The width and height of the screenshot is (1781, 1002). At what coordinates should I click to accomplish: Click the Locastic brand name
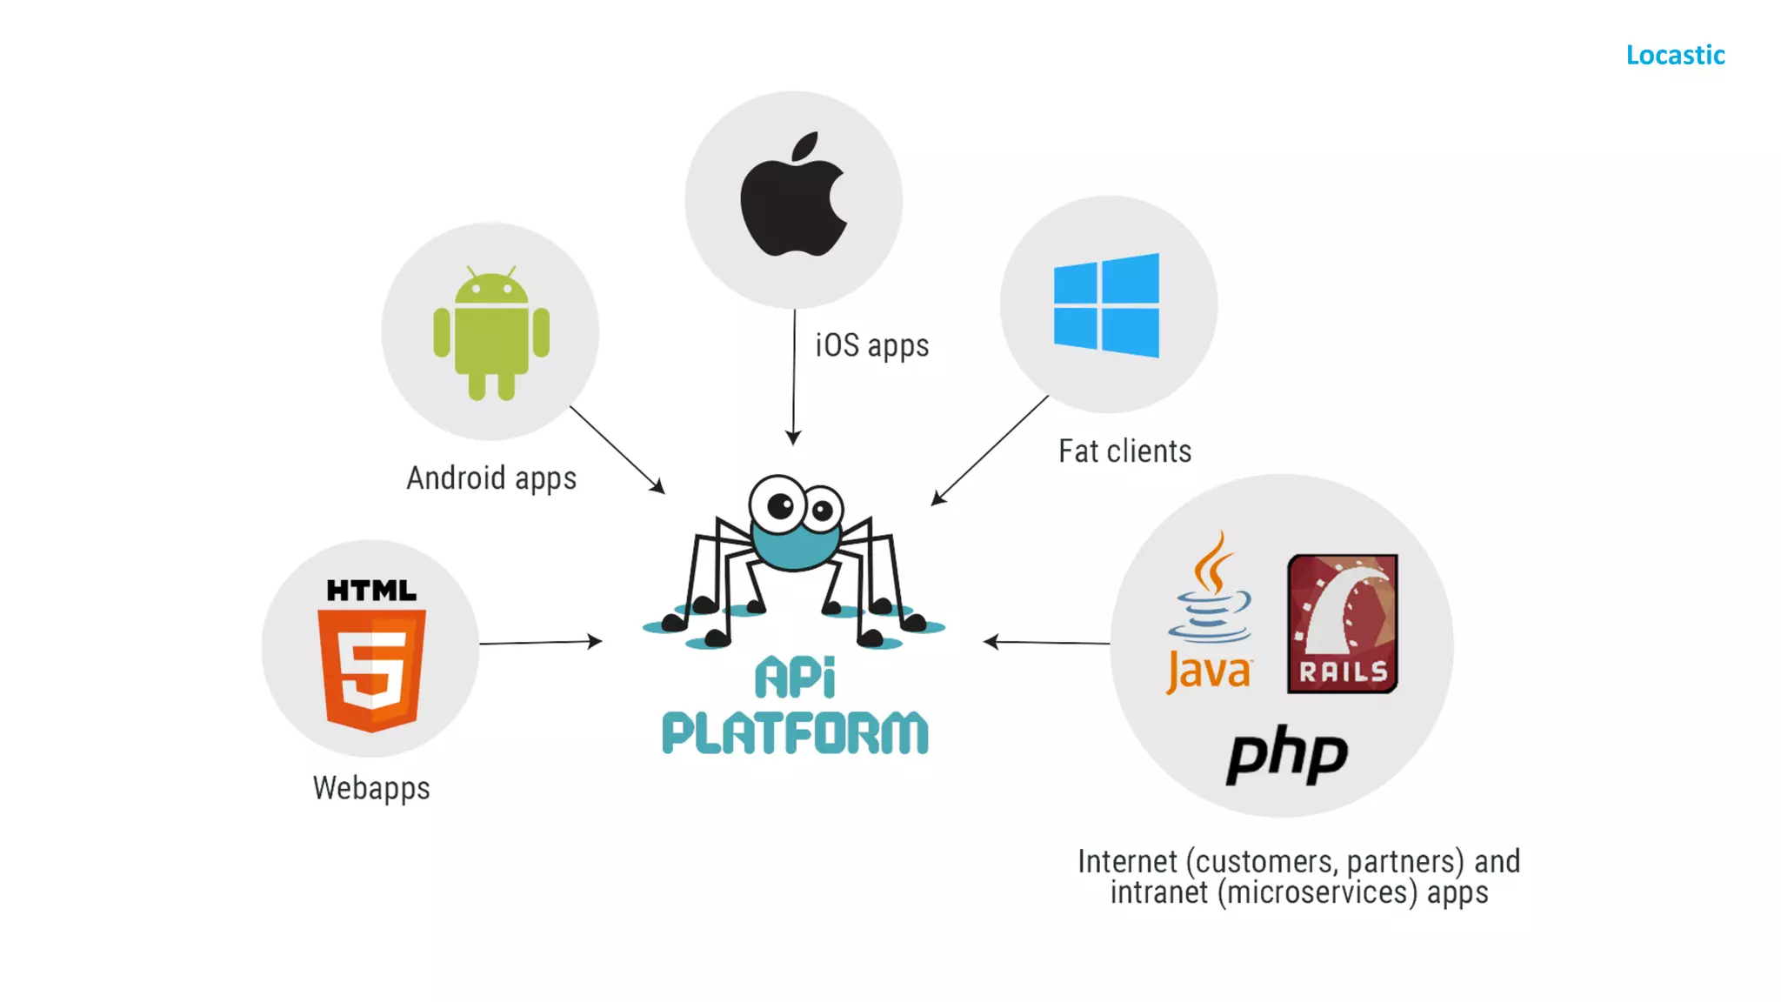click(x=1675, y=55)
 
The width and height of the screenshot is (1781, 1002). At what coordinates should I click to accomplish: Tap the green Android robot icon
click(x=491, y=333)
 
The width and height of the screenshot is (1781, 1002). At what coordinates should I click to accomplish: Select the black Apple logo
click(x=793, y=196)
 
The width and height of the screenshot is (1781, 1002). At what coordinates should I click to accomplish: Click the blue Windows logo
click(x=1107, y=304)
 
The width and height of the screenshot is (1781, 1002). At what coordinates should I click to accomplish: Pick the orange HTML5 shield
click(x=372, y=668)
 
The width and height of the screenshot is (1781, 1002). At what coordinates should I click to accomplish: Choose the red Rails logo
click(x=1343, y=624)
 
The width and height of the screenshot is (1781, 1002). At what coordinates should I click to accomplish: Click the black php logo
click(x=1287, y=755)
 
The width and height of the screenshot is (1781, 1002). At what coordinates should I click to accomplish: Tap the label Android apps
click(x=491, y=478)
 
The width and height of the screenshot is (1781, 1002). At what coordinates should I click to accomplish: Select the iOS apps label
click(x=872, y=345)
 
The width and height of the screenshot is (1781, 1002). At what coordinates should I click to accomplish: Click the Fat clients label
click(x=1124, y=451)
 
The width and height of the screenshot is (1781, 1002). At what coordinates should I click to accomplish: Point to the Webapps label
click(x=371, y=788)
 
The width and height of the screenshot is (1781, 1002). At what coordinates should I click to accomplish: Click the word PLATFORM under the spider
click(x=795, y=732)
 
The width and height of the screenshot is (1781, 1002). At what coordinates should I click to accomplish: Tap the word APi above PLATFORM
click(x=795, y=678)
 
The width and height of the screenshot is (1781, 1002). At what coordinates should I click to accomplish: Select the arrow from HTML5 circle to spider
click(x=540, y=643)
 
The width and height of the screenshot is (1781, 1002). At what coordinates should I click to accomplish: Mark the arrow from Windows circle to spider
click(x=990, y=450)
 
